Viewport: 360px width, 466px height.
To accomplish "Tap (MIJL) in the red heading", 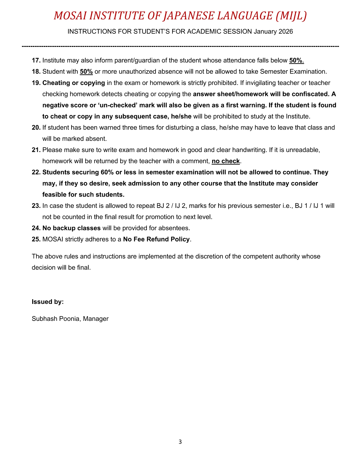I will (291, 16).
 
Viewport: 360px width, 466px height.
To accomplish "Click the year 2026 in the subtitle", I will (286, 31).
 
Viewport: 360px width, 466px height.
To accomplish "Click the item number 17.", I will (36, 60).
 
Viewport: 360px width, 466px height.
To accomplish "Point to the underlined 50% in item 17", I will (296, 60).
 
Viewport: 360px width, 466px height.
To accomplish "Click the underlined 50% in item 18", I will (86, 71).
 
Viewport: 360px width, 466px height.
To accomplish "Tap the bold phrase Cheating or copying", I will (74, 83).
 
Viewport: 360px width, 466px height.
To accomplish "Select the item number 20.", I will (36, 128).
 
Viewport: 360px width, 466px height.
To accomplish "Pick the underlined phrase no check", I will (226, 161).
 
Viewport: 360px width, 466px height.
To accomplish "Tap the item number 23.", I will (36, 206).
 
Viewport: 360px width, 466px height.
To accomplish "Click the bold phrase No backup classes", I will (71, 228).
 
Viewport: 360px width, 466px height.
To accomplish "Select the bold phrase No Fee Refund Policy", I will (156, 239).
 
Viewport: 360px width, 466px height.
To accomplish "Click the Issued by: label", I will (48, 302).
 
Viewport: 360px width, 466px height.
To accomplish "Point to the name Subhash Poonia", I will (56, 319).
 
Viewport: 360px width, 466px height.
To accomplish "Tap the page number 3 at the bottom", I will (180, 442).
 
